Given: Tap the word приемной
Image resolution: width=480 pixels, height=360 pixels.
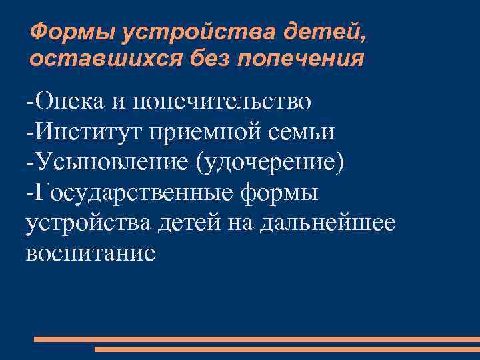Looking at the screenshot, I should pyautogui.click(x=199, y=132).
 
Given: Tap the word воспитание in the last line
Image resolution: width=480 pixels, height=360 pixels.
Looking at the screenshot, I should pyautogui.click(x=91, y=253).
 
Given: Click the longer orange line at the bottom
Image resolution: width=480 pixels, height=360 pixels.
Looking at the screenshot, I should pyautogui.click(x=256, y=339).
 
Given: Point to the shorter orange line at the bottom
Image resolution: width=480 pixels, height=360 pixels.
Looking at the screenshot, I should pyautogui.click(x=287, y=349).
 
